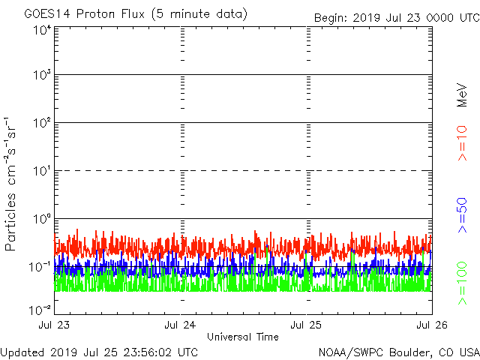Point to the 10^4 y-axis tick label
point(41,31)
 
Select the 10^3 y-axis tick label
point(41,77)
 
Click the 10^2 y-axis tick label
point(41,124)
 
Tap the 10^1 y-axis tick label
point(41,172)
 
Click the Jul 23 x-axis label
point(55,326)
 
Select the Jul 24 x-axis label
point(181,326)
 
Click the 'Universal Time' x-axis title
point(243,337)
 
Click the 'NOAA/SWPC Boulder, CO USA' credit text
point(398,352)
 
